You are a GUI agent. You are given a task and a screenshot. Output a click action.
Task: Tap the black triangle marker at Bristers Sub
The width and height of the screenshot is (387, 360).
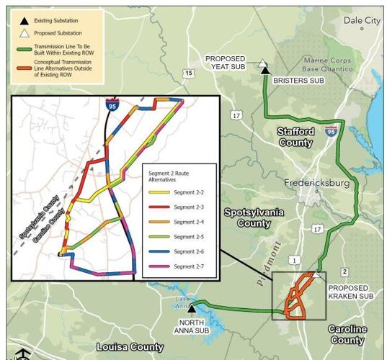click(x=265, y=70)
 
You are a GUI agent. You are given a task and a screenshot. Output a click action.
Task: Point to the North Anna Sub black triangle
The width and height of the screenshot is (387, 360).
click(x=192, y=309)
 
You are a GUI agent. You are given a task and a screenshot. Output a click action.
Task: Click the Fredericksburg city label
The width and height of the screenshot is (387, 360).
click(x=316, y=183)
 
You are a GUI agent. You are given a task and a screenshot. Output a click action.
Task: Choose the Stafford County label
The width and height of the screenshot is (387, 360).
click(x=295, y=138)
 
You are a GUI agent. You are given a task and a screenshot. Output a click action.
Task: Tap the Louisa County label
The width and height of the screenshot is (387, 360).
click(x=130, y=347)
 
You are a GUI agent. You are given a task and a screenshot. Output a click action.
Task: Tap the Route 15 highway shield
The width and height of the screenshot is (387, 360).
click(x=188, y=73)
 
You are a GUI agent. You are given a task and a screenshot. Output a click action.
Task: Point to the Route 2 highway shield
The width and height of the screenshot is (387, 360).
click(x=344, y=271)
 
